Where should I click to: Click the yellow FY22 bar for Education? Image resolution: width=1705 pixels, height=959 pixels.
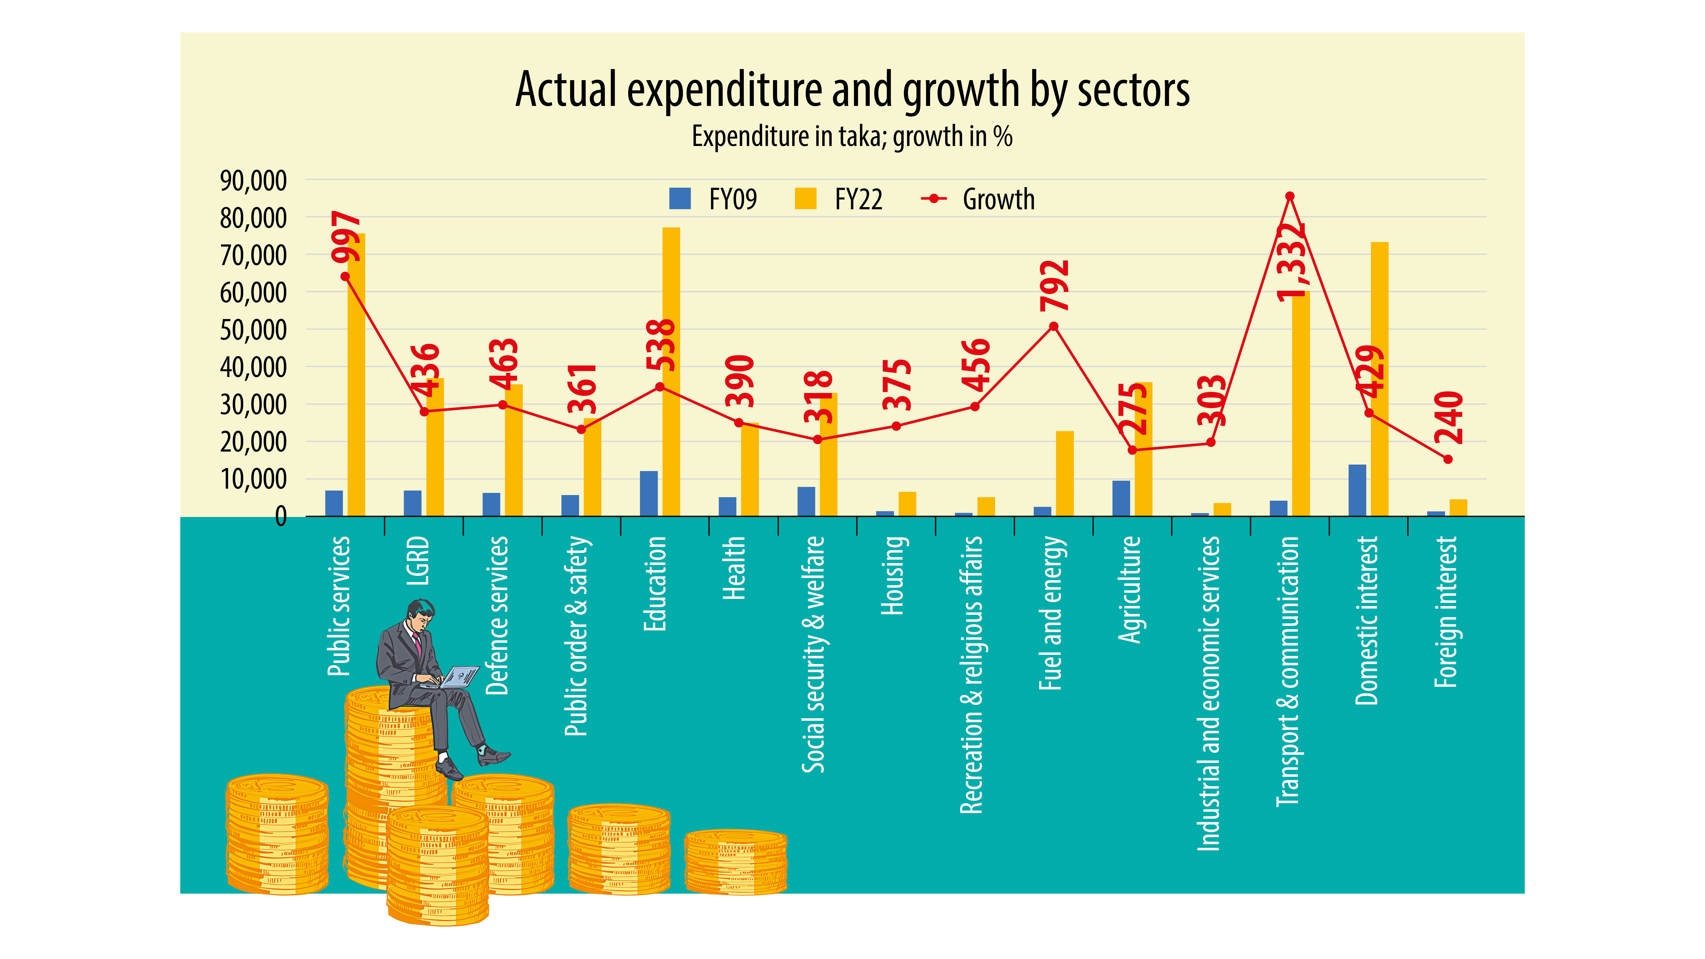point(670,371)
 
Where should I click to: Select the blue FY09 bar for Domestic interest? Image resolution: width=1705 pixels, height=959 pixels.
point(1357,490)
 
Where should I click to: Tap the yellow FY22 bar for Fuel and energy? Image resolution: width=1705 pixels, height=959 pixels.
point(1064,473)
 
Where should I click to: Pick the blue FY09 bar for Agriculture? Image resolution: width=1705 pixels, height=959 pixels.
point(1121,498)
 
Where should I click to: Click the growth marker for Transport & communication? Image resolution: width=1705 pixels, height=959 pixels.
point(1289,196)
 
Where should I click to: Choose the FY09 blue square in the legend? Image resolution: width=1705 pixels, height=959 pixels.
point(680,199)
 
